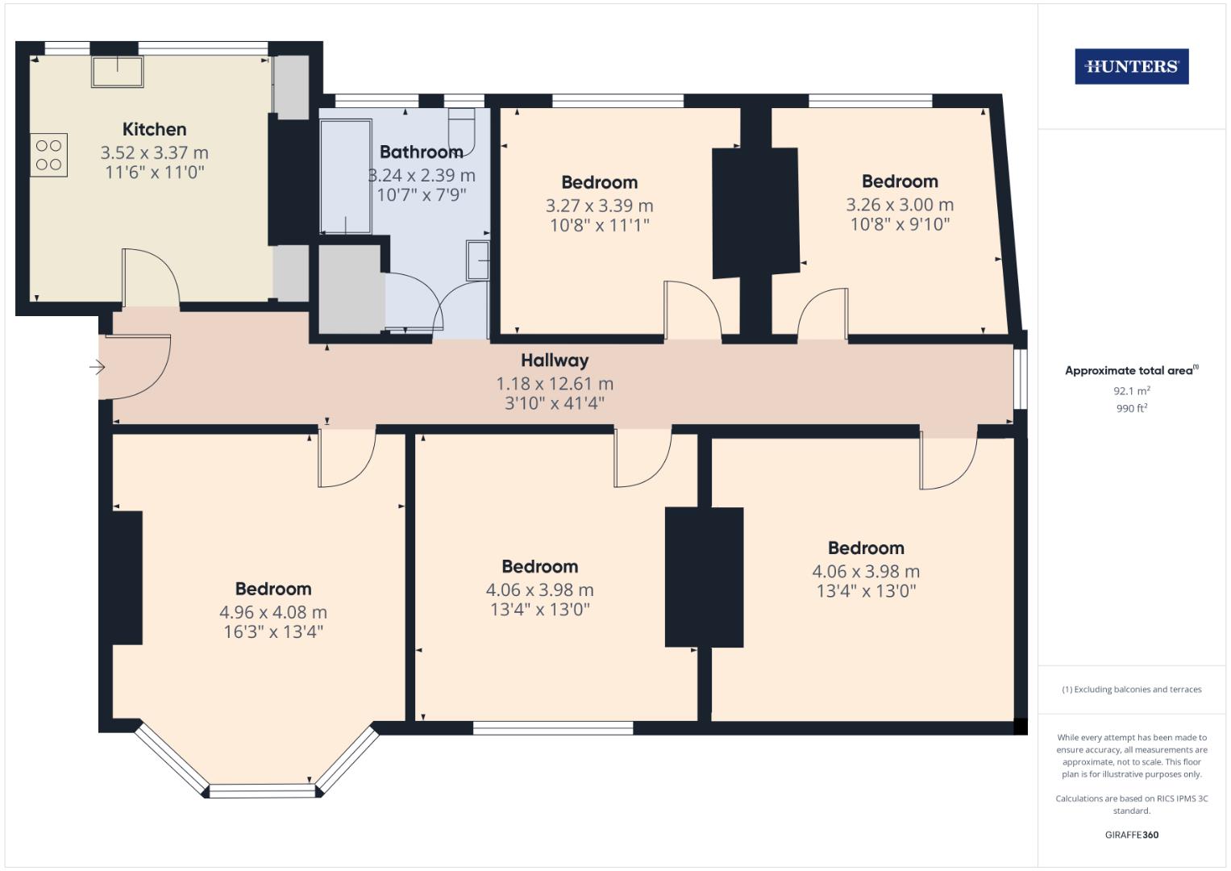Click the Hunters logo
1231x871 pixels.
tap(1131, 67)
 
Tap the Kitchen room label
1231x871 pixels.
tap(154, 129)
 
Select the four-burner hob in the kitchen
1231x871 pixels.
tap(49, 155)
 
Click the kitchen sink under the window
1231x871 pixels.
tap(117, 71)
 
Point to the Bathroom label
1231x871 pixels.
tap(421, 152)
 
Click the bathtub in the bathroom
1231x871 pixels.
tap(345, 176)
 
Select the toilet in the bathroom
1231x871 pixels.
tap(462, 129)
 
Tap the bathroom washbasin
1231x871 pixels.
tap(478, 260)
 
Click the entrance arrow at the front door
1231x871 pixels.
tap(97, 368)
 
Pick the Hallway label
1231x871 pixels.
tap(555, 360)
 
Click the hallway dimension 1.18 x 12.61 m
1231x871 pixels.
tap(555, 384)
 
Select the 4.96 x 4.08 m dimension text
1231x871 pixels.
tap(273, 612)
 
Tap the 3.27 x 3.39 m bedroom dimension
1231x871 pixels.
tap(599, 206)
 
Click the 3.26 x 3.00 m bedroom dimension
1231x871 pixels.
tap(900, 205)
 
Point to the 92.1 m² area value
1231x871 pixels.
tap(1131, 390)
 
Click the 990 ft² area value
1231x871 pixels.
tap(1131, 409)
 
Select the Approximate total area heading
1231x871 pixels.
tap(1131, 371)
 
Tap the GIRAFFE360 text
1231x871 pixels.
tap(1131, 835)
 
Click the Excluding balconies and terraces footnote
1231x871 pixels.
tap(1131, 690)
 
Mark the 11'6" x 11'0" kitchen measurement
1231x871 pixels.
tap(154, 172)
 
